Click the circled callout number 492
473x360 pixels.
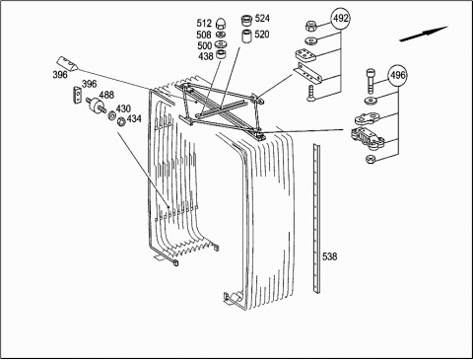pyautogui.click(x=341, y=19)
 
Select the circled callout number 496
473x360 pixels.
pyautogui.click(x=397, y=76)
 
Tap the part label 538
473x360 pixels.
pyautogui.click(x=329, y=256)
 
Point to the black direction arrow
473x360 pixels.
pyautogui.click(x=424, y=34)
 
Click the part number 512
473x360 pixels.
pyautogui.click(x=204, y=24)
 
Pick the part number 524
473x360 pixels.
pyautogui.click(x=262, y=19)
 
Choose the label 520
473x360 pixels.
pyautogui.click(x=262, y=35)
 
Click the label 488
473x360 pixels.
pyautogui.click(x=106, y=95)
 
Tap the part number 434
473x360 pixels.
pyautogui.click(x=134, y=118)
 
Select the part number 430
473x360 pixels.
pyautogui.click(x=123, y=108)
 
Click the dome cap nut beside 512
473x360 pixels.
pyautogui.click(x=220, y=24)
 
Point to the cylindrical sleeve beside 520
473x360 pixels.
pyautogui.click(x=247, y=36)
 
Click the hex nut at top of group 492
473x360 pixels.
pyautogui.click(x=309, y=26)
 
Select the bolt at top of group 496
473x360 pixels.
pyautogui.click(x=371, y=81)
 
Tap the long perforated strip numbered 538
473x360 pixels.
pyautogui.click(x=316, y=218)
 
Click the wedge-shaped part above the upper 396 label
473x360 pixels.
pyautogui.click(x=67, y=63)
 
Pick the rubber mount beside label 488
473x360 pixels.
pyautogui.click(x=96, y=104)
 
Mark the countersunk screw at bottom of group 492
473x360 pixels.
pyautogui.click(x=310, y=93)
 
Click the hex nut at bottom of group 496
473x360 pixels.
pyautogui.click(x=371, y=159)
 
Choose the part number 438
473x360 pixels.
pyautogui.click(x=206, y=56)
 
